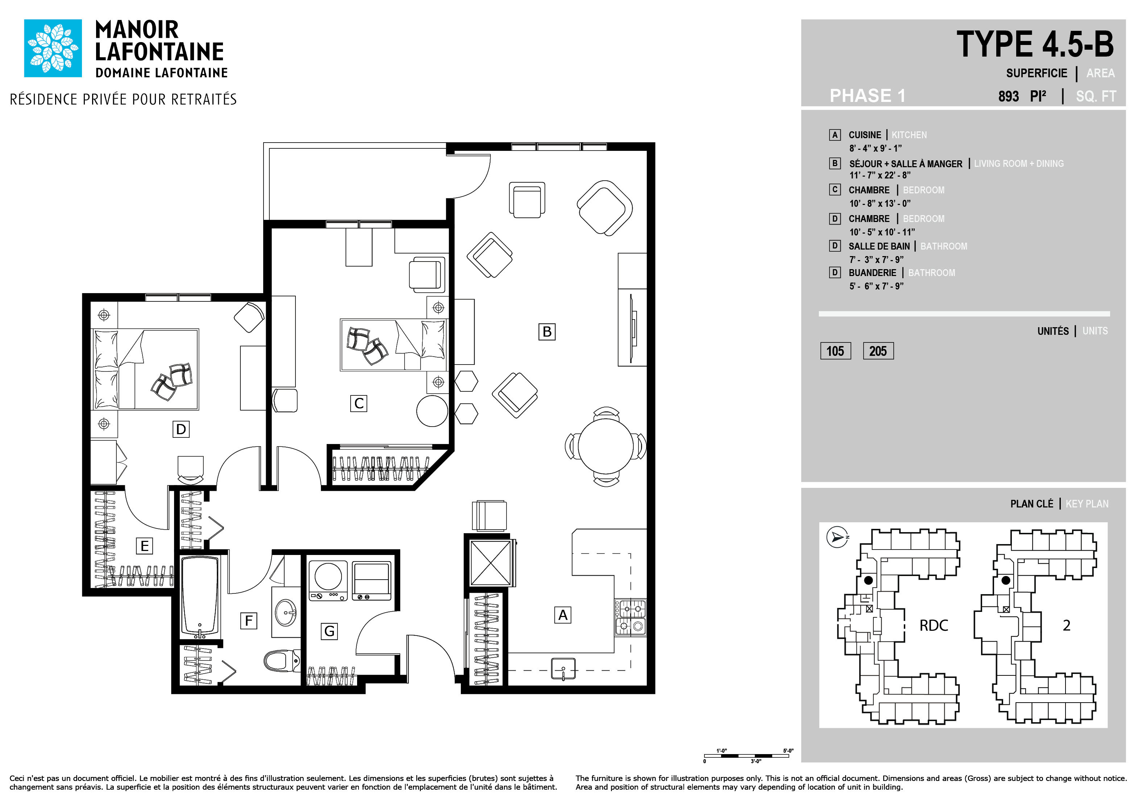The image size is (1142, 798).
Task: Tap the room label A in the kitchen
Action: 563,615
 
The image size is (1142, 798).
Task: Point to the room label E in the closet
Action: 144,546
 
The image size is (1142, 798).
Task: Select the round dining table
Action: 605,446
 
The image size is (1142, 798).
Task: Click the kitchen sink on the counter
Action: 563,669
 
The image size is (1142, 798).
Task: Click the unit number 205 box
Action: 878,351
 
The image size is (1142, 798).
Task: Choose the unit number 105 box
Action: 835,351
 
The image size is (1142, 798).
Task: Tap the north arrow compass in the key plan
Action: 837,537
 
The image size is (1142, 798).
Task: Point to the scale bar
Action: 746,756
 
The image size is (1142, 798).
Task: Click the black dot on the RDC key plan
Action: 868,580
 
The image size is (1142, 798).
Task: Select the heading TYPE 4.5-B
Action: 1035,44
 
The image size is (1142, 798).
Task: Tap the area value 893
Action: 1008,96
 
